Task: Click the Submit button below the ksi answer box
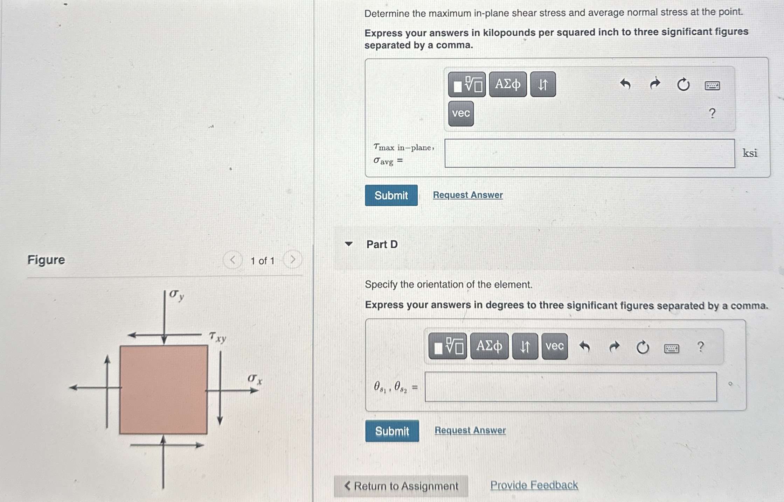click(391, 195)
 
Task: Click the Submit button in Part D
click(392, 431)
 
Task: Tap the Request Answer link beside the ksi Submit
click(467, 195)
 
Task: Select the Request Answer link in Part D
click(470, 430)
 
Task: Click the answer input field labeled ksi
click(590, 153)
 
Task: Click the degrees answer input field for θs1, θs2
click(571, 387)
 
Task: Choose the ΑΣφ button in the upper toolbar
click(508, 84)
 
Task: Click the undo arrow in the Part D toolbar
click(584, 346)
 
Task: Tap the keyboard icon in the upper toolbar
click(712, 85)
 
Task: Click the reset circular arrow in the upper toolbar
click(683, 85)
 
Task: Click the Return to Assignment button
click(401, 486)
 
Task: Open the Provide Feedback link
click(534, 485)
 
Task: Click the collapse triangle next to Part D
click(348, 244)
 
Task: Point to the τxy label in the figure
click(217, 337)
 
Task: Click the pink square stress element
click(164, 390)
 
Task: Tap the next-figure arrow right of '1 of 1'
click(293, 260)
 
